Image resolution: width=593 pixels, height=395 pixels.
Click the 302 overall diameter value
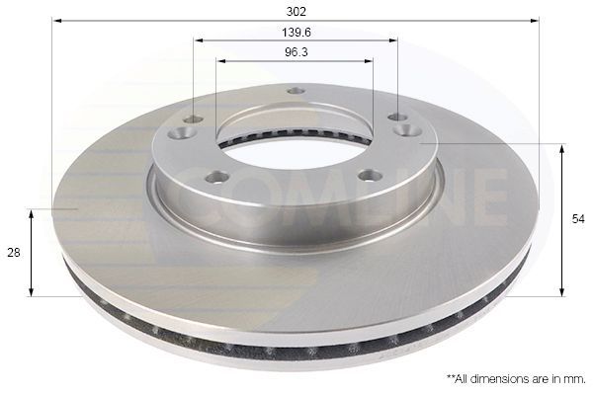click(296, 11)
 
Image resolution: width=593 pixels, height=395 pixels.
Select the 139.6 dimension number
click(296, 32)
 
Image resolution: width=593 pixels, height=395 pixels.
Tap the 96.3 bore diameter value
click(296, 52)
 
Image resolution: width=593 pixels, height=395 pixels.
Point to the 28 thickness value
click(14, 253)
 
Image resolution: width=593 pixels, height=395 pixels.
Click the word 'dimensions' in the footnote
click(497, 378)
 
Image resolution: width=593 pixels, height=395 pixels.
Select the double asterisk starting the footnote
click(451, 377)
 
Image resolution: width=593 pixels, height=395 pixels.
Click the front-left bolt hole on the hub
click(217, 178)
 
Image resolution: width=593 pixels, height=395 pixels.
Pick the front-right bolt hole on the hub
click(370, 176)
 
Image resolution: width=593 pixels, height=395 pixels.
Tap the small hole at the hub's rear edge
click(296, 92)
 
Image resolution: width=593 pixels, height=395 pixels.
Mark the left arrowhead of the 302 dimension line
click(56, 20)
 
